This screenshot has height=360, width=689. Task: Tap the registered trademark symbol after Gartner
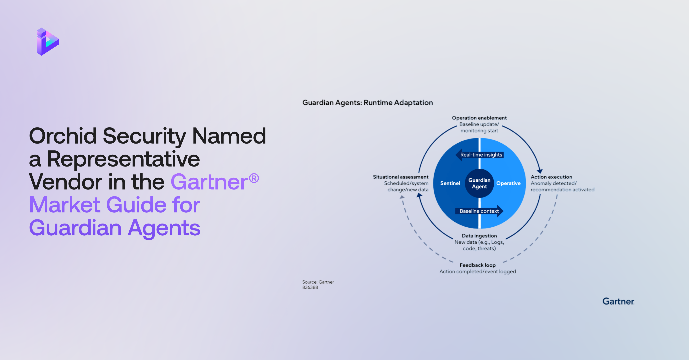tap(254, 178)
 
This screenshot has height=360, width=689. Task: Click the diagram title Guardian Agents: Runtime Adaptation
tap(367, 103)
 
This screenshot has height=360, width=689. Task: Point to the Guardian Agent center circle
tap(479, 183)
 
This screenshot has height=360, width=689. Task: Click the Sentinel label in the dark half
tap(450, 183)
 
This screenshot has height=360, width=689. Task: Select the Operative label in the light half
tap(508, 183)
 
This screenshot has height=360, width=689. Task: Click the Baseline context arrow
tap(479, 211)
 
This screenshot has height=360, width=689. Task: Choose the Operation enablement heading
tap(479, 118)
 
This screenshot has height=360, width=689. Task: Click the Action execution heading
tap(551, 177)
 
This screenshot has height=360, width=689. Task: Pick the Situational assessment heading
tap(400, 177)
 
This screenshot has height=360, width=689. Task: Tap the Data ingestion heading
tap(479, 236)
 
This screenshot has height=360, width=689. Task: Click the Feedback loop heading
tap(478, 265)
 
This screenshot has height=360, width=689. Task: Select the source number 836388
tap(310, 287)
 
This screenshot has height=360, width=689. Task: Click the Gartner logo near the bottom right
tap(618, 301)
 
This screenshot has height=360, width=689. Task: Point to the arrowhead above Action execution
tap(540, 171)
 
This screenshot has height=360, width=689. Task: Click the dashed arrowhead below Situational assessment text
tap(402, 197)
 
